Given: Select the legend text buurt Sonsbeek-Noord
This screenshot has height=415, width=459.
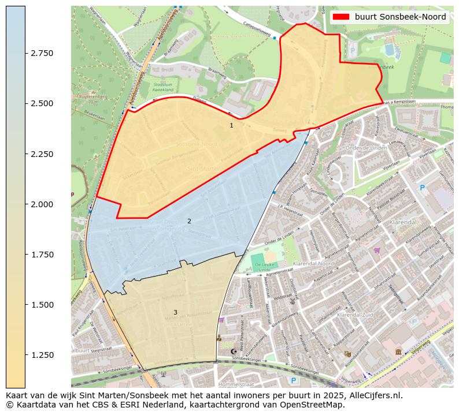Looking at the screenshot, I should click(400, 17).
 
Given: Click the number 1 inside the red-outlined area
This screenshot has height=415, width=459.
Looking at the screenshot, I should click(231, 125).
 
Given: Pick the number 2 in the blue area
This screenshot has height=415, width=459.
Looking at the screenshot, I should click(189, 221).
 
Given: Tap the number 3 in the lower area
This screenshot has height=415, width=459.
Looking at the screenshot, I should click(175, 313).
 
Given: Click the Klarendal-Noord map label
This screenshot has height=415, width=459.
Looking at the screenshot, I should click(313, 263).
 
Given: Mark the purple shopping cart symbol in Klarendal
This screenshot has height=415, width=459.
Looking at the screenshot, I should click(377, 250).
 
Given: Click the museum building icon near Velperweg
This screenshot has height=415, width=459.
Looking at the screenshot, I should click(399, 352).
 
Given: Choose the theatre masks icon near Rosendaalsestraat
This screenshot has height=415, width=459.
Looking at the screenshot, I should click(347, 354).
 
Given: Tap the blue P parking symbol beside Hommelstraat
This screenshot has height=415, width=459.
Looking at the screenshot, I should click(294, 380).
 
